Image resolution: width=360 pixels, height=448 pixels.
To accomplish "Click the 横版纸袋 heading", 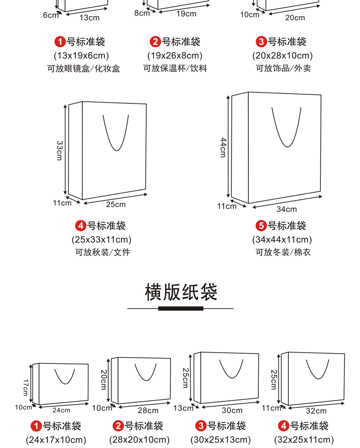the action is click(181, 292).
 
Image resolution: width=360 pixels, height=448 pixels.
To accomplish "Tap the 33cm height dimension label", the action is click(59, 151).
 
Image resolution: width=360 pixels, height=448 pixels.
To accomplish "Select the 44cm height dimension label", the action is click(223, 148).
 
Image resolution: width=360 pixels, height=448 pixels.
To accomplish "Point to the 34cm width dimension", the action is click(287, 210).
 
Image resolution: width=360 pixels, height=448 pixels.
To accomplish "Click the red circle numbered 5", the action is click(261, 226).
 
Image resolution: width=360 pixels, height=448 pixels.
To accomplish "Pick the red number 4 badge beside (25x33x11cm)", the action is click(81, 226).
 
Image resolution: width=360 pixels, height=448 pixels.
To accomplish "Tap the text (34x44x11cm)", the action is click(282, 239).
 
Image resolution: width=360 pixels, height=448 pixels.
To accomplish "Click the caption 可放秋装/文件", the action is click(103, 252).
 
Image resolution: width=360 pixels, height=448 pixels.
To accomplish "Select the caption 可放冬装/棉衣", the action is click(283, 252).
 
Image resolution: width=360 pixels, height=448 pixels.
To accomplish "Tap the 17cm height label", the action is click(26, 387).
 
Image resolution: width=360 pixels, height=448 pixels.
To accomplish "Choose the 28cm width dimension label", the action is click(148, 411).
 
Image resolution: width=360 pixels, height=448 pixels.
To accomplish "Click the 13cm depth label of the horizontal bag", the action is click(183, 408).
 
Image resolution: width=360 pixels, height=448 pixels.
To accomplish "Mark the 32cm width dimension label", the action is click(316, 411).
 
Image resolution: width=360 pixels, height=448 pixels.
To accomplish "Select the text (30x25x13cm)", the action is click(220, 440).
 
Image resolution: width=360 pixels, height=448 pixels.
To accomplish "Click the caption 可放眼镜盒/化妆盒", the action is click(84, 68).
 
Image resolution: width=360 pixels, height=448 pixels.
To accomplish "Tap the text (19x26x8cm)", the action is click(175, 55).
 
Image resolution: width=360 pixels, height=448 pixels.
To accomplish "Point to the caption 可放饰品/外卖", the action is click(283, 68).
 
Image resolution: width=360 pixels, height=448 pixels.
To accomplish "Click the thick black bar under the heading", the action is click(181, 309).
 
